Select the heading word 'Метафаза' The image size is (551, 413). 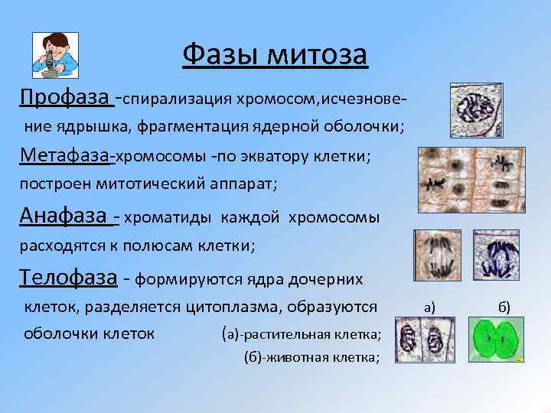coord(66,156)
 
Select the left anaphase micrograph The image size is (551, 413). coord(438,256)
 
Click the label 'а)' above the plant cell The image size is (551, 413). coord(429,307)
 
